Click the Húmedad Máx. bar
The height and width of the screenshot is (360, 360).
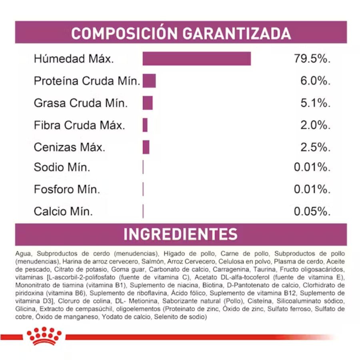click(x=196, y=58)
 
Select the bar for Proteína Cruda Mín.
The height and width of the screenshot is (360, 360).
click(x=149, y=80)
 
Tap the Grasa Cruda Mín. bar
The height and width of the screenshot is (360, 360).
click(x=148, y=103)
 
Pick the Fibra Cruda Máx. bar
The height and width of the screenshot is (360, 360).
click(x=145, y=125)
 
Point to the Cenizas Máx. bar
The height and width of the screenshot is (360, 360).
click(x=146, y=147)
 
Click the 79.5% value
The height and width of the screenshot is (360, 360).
click(x=312, y=59)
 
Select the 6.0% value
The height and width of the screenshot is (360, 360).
click(x=315, y=81)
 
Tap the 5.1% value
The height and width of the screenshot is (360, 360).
click(x=315, y=103)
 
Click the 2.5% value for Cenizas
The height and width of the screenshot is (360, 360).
click(x=315, y=147)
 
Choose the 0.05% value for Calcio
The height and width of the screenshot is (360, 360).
click(x=312, y=211)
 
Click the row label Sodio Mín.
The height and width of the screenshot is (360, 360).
click(x=62, y=167)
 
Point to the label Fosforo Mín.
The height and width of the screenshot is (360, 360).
click(x=67, y=189)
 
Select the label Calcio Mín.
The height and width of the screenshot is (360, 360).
click(x=63, y=211)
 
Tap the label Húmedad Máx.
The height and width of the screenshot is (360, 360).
click(x=74, y=59)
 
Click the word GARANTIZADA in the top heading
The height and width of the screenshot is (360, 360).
click(x=237, y=34)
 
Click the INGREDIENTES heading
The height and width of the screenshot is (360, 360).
click(x=180, y=234)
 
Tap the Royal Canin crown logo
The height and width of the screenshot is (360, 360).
click(x=44, y=335)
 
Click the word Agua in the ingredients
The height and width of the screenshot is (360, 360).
click(x=22, y=254)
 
